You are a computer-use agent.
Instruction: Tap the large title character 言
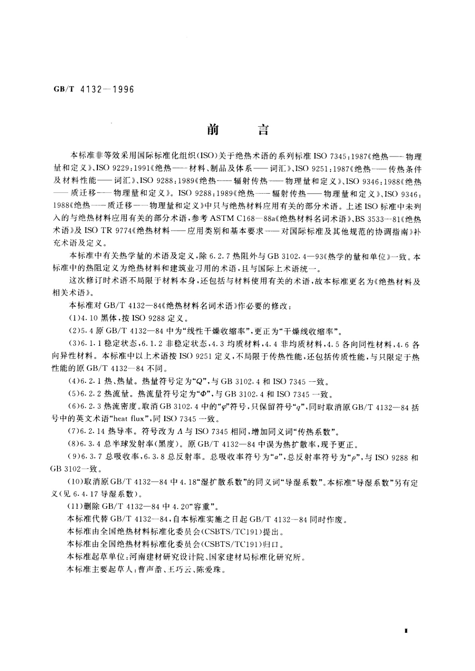tap(263, 130)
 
